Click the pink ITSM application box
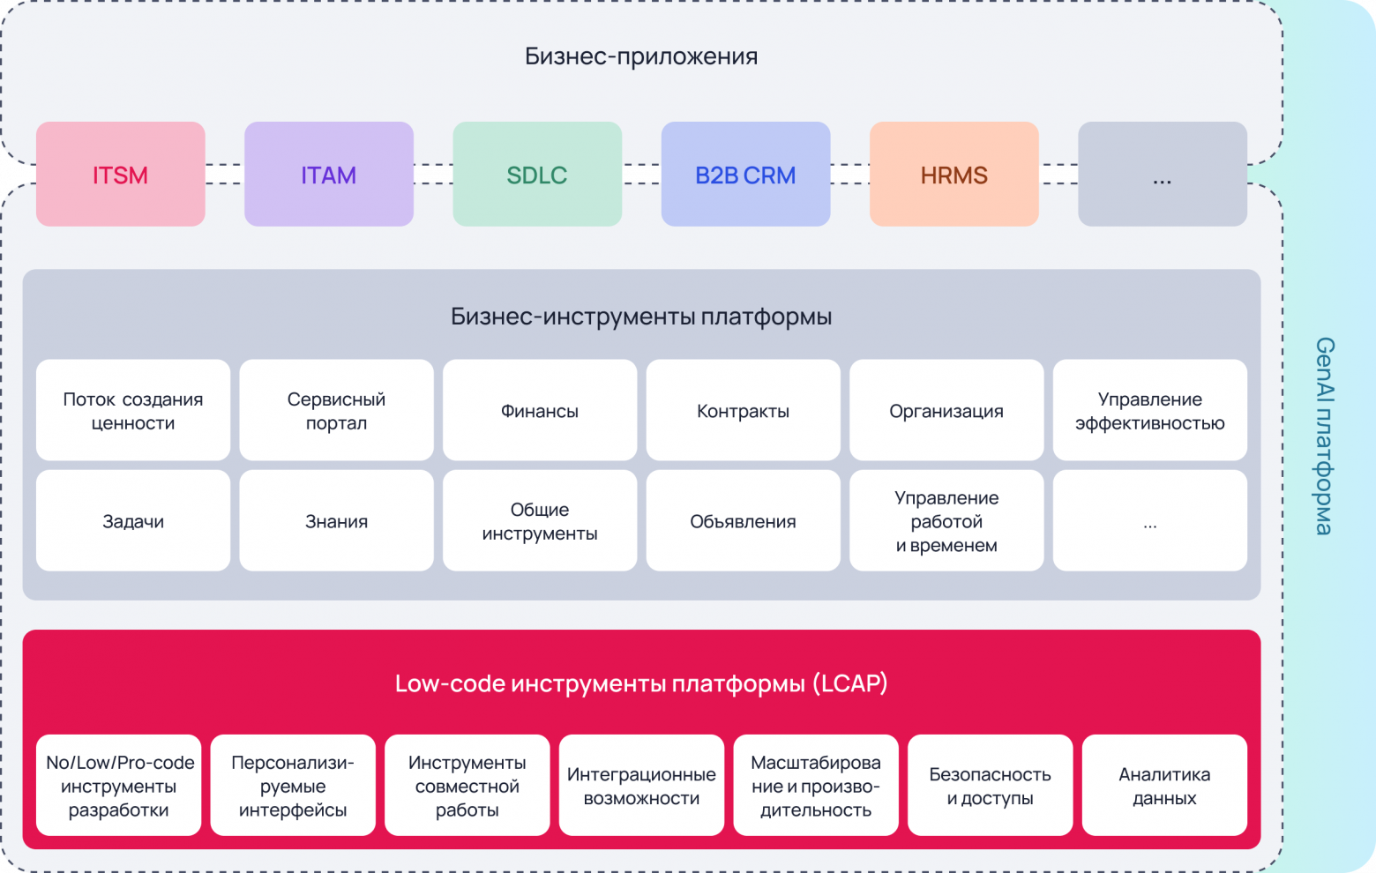pyautogui.click(x=120, y=174)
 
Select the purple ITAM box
pyautogui.click(x=328, y=174)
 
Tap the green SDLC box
pyautogui.click(x=536, y=174)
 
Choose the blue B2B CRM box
pyautogui.click(x=745, y=174)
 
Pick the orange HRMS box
pyautogui.click(x=953, y=174)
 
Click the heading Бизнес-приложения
pyautogui.click(x=641, y=56)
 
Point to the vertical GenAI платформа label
pyautogui.click(x=1324, y=436)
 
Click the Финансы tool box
pyautogui.click(x=539, y=410)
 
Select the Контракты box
pyautogui.click(x=743, y=410)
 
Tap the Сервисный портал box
pyautogui.click(x=336, y=410)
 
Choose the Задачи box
pyautogui.click(x=133, y=520)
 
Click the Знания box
pyautogui.click(x=336, y=520)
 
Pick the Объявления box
pyautogui.click(x=743, y=520)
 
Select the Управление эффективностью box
pyautogui.click(x=1149, y=410)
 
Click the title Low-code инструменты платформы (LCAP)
pyautogui.click(x=641, y=683)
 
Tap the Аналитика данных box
pyautogui.click(x=1164, y=785)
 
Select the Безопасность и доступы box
pyautogui.click(x=990, y=785)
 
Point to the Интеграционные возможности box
pyautogui.click(x=641, y=785)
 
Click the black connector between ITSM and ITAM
pyautogui.click(x=225, y=174)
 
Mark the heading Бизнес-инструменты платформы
pyautogui.click(x=641, y=317)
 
